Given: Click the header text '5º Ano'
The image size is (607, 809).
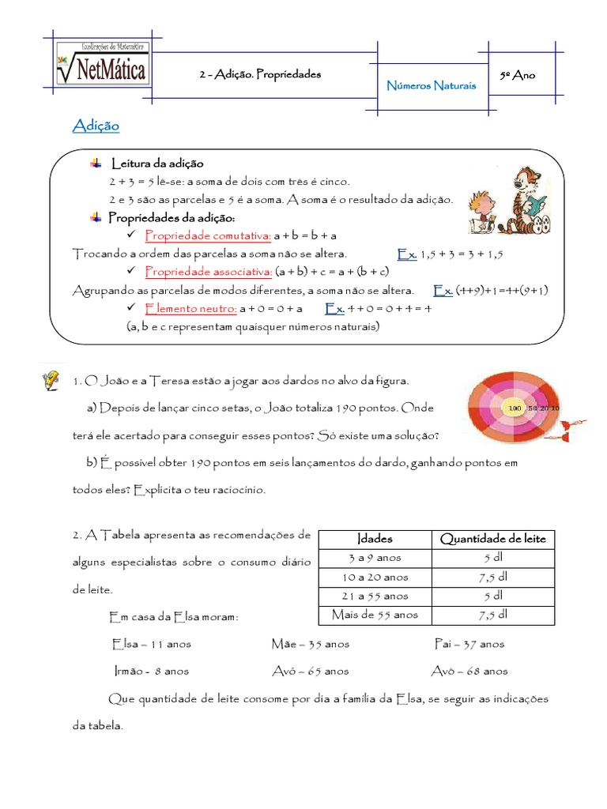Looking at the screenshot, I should (x=518, y=75).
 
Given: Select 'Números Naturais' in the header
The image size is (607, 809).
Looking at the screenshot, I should (x=431, y=85).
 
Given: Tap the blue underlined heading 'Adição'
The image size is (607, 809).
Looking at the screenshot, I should (x=96, y=126).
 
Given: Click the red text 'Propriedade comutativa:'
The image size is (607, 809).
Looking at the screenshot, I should (x=208, y=235).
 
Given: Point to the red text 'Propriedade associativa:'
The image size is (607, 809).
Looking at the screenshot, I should (x=209, y=272).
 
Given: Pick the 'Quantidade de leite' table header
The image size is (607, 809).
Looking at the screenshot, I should (x=492, y=539).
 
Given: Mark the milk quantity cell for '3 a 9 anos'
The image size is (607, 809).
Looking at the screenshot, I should (x=492, y=558).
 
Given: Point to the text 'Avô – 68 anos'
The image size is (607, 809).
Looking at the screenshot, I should (x=469, y=672).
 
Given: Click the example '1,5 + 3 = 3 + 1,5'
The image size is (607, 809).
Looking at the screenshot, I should (x=462, y=254).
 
